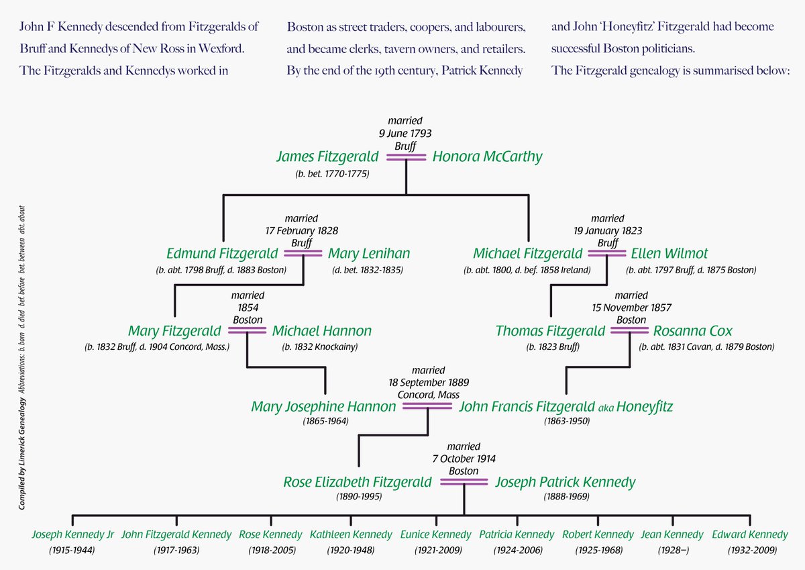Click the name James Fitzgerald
327,157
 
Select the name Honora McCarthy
487,157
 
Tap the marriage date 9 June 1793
405,133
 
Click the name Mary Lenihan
368,254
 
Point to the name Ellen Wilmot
669,254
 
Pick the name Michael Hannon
321,331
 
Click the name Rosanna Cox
692,331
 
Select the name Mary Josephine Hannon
323,407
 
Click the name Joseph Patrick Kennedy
565,483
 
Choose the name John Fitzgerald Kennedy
176,535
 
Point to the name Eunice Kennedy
435,535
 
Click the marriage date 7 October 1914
464,459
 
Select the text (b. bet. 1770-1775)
332,174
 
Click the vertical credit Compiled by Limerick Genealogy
23,453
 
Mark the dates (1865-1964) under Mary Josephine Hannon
324,422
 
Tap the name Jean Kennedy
672,535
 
